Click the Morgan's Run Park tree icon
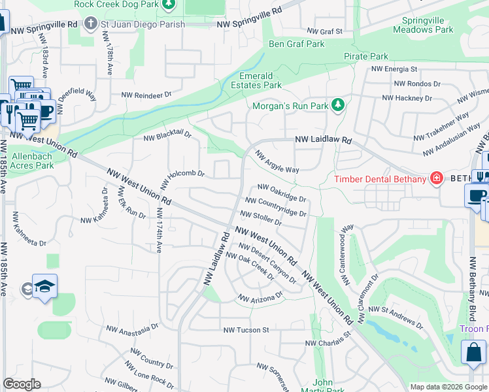(x=338, y=105)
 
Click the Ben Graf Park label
(x=297, y=44)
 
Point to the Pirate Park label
(x=366, y=57)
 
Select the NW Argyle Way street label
(x=277, y=161)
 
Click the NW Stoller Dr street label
(x=261, y=218)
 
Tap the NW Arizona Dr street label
(x=260, y=297)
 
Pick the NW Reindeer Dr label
(x=146, y=95)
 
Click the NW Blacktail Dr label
(x=167, y=135)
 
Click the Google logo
(x=22, y=384)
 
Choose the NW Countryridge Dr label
(x=275, y=206)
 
